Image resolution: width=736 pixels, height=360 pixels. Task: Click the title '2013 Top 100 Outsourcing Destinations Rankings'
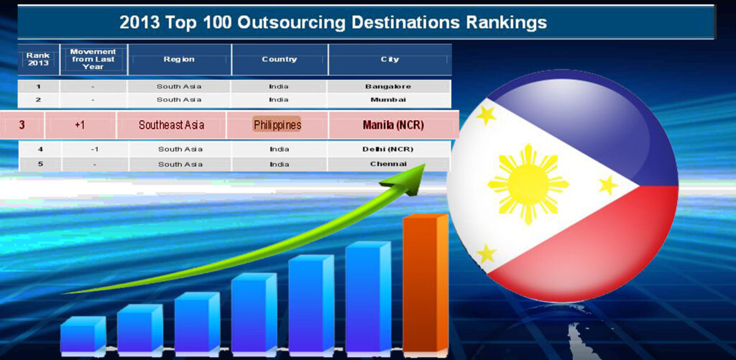pos(333,22)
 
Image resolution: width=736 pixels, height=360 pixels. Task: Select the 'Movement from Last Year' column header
pos(93,59)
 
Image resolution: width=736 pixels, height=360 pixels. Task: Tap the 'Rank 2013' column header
pos(38,59)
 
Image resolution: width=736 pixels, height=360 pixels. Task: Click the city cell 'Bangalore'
pos(388,86)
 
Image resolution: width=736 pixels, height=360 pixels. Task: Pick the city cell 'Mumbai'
pos(388,99)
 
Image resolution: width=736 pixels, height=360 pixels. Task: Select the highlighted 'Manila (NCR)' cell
pos(393,125)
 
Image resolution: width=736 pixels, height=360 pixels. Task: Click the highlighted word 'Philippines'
pos(277,125)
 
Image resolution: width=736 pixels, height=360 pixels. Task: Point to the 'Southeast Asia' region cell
pos(171,125)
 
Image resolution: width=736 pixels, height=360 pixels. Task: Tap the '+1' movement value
pos(80,125)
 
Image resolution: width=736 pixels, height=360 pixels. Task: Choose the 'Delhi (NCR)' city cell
pos(387,149)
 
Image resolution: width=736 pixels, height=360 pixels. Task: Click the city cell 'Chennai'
pos(388,164)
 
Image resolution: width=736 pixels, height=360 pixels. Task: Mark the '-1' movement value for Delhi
pos(94,149)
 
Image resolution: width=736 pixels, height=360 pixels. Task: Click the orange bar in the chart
pos(425,283)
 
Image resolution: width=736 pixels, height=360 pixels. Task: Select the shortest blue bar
pos(83,334)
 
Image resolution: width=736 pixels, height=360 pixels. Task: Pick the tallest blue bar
pos(368,297)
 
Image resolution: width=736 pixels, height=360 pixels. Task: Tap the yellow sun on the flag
pos(528,184)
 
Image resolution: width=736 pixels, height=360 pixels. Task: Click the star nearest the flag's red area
pos(487,254)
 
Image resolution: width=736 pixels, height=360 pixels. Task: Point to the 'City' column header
pos(390,59)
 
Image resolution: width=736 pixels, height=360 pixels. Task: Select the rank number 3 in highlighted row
pos(22,125)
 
